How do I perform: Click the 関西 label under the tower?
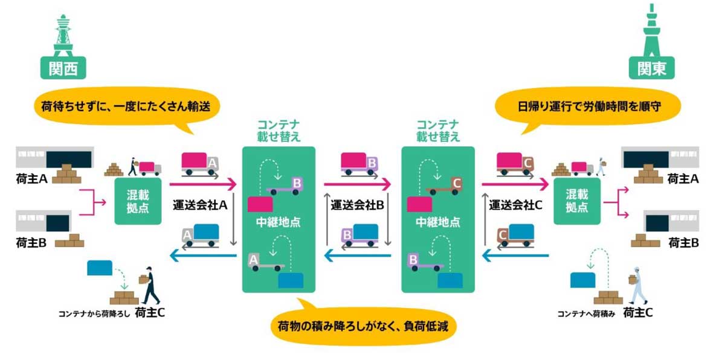[63, 68]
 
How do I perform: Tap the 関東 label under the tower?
[651, 68]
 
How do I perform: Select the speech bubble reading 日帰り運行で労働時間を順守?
[588, 107]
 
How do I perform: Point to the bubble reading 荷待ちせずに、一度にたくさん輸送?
[126, 107]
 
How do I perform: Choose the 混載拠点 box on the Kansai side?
[138, 201]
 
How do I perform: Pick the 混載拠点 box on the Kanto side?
[577, 201]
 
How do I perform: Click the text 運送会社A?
[200, 205]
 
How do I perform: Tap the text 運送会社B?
[357, 205]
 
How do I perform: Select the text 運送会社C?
[515, 205]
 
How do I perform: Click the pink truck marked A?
[200, 164]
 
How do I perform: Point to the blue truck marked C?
[515, 236]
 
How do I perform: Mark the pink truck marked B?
[359, 164]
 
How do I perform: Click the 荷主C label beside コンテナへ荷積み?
[637, 313]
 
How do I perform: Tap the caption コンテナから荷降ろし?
[94, 314]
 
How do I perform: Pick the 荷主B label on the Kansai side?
[31, 243]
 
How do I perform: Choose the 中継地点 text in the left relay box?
[279, 222]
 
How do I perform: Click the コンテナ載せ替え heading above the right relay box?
[438, 131]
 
